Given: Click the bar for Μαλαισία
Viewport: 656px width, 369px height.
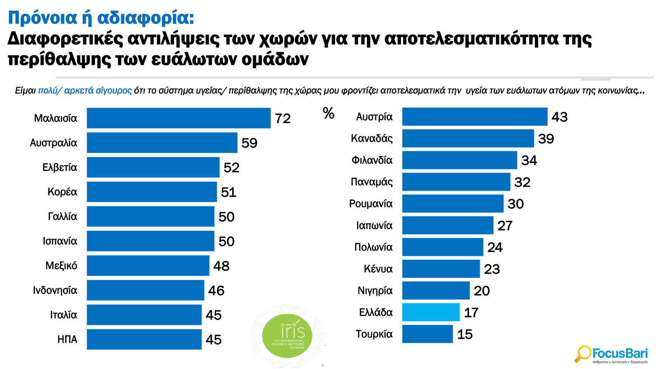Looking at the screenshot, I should (x=178, y=118).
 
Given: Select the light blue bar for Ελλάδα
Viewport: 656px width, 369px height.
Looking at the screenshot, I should (x=431, y=312).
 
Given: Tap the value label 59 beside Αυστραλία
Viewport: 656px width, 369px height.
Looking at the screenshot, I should (x=249, y=143).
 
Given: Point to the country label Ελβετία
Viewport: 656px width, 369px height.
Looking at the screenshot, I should (x=59, y=167).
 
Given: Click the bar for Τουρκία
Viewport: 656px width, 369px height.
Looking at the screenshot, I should (x=427, y=334).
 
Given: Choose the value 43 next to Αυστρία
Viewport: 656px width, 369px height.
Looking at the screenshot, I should (x=559, y=117).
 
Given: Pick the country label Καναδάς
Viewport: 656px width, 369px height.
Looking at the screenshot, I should (x=372, y=139).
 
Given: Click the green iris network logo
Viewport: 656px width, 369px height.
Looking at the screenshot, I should (x=287, y=336).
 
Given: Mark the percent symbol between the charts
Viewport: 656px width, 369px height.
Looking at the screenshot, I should (x=328, y=114).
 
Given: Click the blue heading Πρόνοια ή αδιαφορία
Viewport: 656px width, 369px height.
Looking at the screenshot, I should (x=101, y=18).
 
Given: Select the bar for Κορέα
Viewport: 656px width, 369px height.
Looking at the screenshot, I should (x=152, y=192).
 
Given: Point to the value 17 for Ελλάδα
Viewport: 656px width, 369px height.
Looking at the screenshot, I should (x=471, y=313).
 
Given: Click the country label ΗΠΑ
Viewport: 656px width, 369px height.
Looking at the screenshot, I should (x=67, y=340).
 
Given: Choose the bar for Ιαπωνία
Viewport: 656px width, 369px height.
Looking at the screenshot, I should (x=447, y=225).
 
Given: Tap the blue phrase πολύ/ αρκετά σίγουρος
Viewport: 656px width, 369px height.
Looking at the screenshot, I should (x=85, y=91).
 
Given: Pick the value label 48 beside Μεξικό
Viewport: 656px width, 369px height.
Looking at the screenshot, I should (x=221, y=266).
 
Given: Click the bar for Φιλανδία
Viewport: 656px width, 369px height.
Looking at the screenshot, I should (x=459, y=160).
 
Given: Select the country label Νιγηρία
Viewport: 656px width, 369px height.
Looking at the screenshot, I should (x=375, y=291).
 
